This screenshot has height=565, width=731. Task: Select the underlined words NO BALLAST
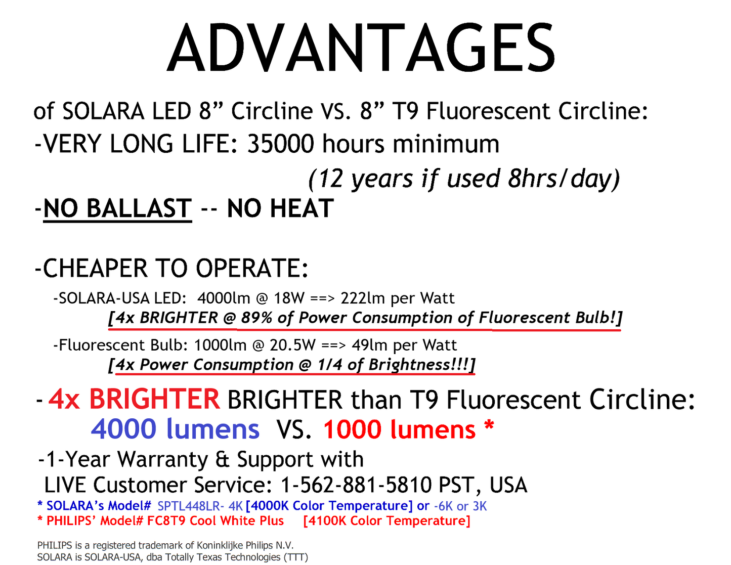tap(117, 209)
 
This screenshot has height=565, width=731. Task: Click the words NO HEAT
tap(280, 209)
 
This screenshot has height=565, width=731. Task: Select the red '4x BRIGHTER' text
tap(134, 400)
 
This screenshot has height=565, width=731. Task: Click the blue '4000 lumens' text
tap(175, 429)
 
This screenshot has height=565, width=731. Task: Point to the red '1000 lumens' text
tap(399, 430)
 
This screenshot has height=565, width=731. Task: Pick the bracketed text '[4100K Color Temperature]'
tap(386, 521)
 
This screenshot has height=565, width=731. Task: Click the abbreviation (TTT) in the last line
tap(296, 557)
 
